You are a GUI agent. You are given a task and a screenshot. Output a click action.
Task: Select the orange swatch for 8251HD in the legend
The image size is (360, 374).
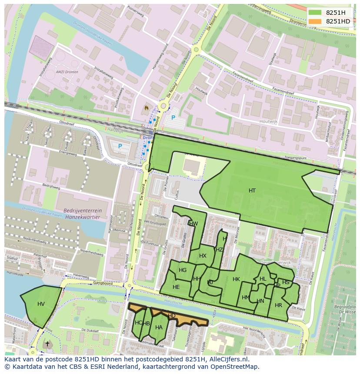tap(315, 21)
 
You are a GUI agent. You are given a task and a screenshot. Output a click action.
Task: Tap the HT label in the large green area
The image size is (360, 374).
tap(252, 191)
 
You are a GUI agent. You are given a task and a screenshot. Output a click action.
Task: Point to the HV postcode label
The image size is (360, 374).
tap(41, 304)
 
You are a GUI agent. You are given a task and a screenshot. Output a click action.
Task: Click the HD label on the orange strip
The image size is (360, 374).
tap(172, 315)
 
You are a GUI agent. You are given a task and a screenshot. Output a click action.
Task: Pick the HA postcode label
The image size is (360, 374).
tap(159, 327)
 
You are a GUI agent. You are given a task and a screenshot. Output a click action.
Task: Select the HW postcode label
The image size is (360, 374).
tap(193, 224)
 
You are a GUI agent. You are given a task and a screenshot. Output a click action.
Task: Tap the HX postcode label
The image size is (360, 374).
tap(203, 256)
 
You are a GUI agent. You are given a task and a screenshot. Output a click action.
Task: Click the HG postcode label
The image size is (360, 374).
tap(183, 270)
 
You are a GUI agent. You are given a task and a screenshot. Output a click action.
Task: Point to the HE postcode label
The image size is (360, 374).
tap(176, 287)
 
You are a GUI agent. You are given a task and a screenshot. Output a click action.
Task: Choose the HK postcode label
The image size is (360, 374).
tap(236, 279)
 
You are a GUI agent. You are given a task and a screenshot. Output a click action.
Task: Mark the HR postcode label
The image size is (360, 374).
tap(278, 305)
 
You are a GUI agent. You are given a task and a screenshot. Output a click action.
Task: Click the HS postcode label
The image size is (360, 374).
tap(286, 282)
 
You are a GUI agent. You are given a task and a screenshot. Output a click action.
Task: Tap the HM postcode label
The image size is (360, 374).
tap(246, 298)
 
